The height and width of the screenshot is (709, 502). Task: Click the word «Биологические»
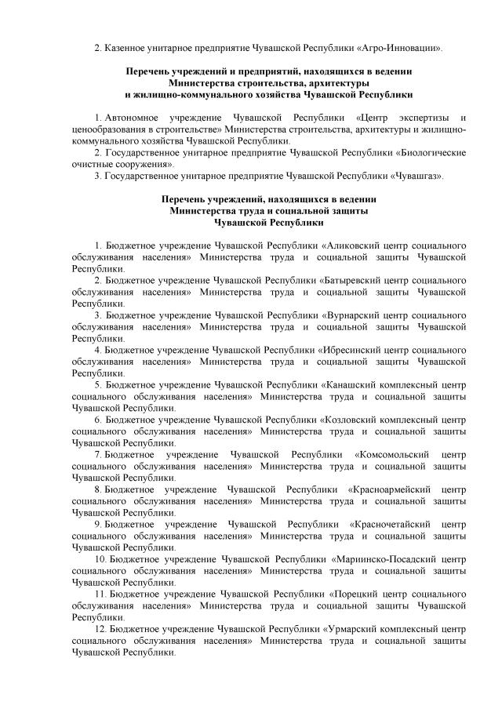432,152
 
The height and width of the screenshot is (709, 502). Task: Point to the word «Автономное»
131,117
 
